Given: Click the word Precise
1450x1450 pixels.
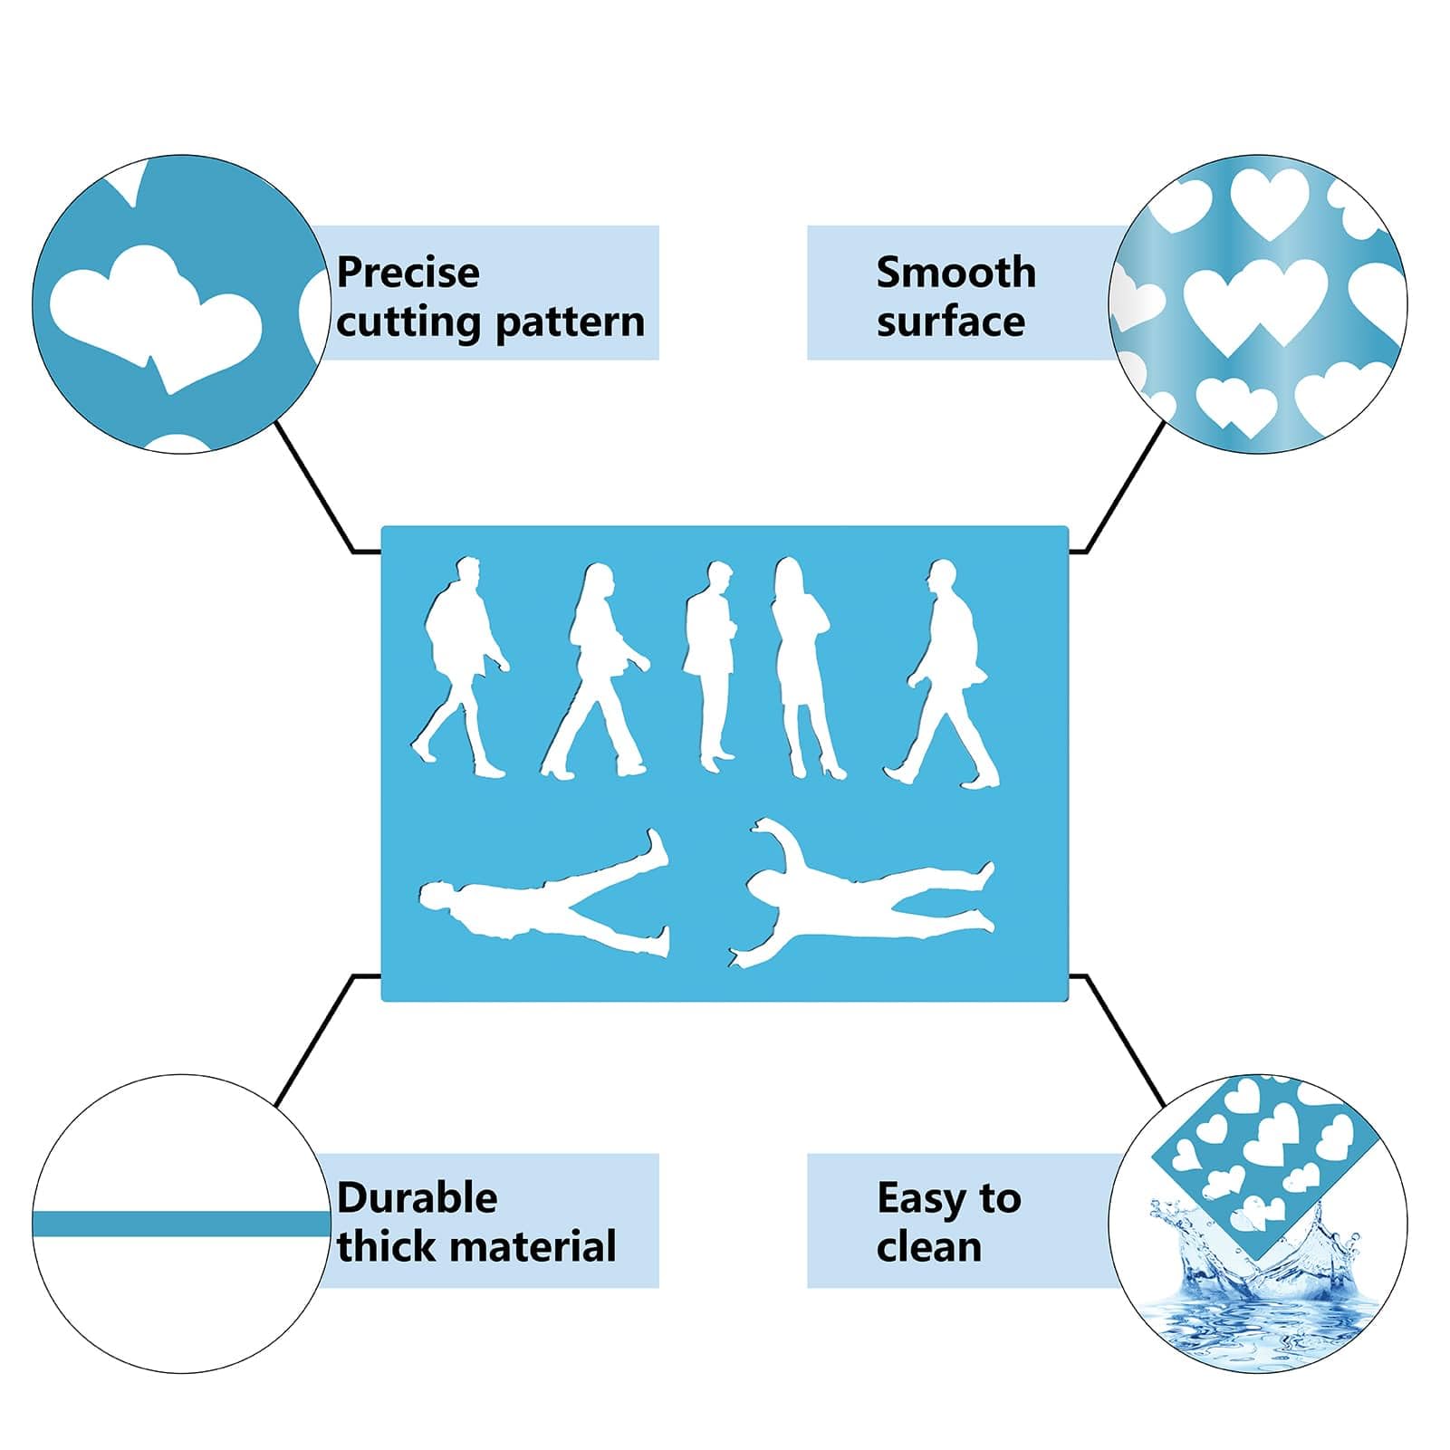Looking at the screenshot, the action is click(408, 273).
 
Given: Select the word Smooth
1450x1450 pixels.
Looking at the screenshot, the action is click(956, 272).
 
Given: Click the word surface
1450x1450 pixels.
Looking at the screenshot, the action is click(951, 322).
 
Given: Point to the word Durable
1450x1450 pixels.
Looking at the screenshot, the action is click(418, 1198).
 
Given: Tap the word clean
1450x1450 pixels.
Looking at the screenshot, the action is click(929, 1247).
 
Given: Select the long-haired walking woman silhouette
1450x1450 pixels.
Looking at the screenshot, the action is click(596, 671).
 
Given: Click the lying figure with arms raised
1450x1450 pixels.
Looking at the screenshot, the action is click(860, 897).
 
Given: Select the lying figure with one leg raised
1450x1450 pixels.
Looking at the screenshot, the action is click(544, 897).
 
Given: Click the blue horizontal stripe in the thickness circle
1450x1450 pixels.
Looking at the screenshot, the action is click(181, 1224).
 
